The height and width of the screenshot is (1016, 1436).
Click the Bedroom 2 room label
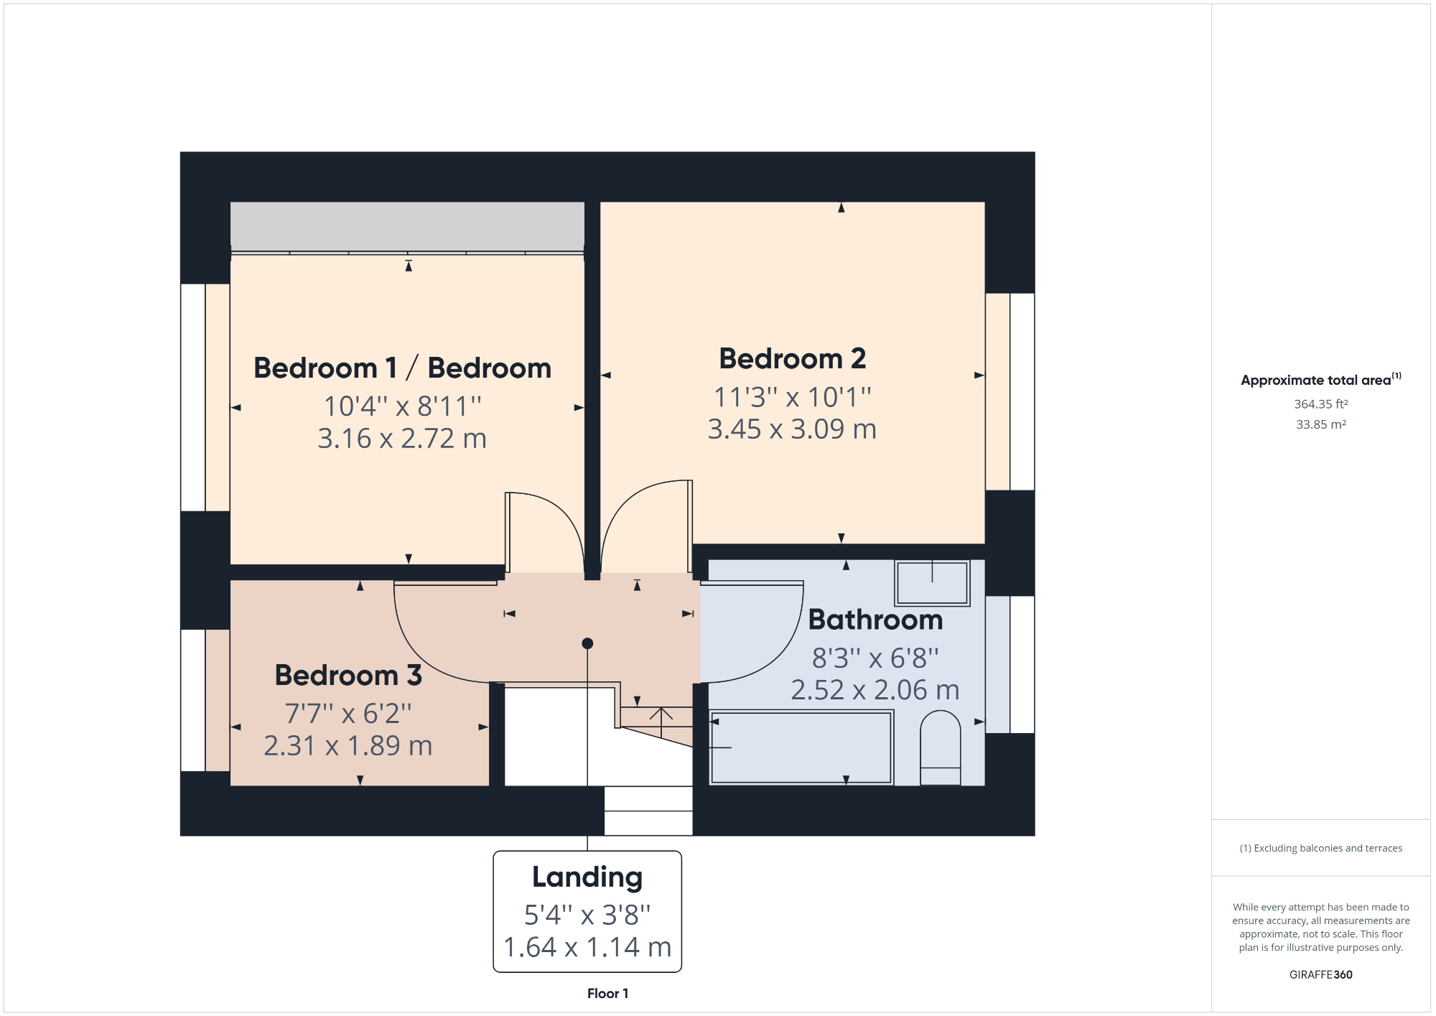792,359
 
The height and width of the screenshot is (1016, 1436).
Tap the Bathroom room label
875,620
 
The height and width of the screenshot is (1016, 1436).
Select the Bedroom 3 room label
348,676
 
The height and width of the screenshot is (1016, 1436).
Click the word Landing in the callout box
587,877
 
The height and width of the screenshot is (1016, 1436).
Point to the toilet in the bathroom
940,747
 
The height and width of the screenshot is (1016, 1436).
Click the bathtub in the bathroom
801,747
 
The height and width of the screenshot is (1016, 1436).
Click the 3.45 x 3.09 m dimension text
792,429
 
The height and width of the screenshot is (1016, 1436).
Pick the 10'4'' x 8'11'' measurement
402,406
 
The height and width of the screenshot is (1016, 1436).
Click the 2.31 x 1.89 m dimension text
348,746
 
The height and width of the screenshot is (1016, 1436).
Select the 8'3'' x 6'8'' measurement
875,658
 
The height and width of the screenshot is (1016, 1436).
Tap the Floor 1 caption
607,994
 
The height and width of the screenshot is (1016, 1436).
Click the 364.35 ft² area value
1320,404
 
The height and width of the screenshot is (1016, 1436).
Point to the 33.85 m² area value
1320,424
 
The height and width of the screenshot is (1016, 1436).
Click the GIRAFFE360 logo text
1320,974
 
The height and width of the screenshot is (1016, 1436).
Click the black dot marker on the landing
587,643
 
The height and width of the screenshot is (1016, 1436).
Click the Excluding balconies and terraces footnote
1320,848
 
